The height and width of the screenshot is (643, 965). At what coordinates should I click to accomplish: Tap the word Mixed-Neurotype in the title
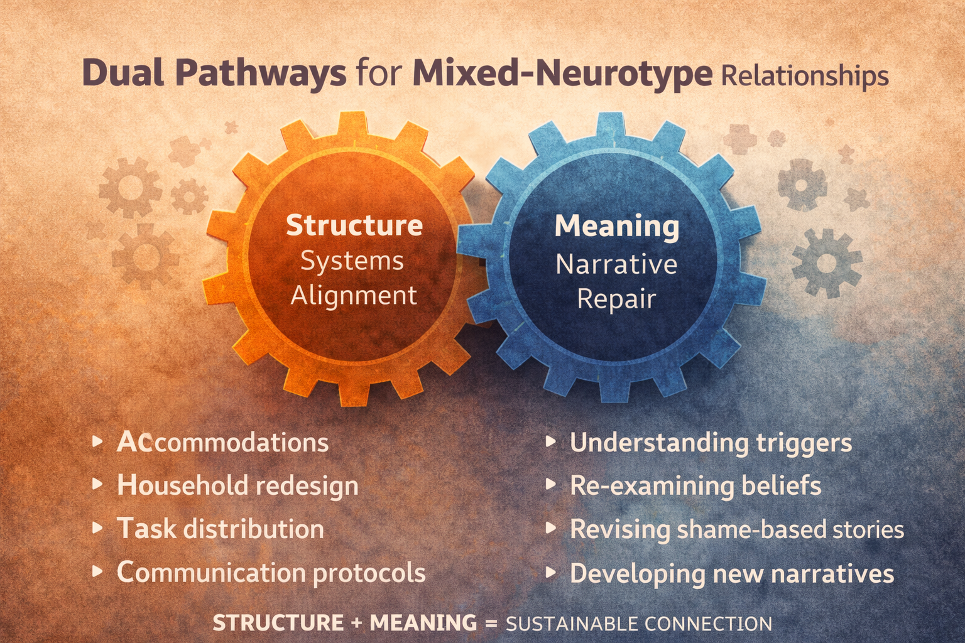click(562, 74)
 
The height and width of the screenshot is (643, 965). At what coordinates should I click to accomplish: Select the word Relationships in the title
click(805, 76)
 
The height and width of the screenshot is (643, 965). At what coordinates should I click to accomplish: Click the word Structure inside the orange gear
click(354, 225)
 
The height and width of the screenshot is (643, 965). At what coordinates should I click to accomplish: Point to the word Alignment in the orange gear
click(354, 295)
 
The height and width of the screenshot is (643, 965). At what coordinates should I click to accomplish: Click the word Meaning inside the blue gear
click(616, 226)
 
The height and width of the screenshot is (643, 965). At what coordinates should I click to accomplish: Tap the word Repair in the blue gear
click(616, 298)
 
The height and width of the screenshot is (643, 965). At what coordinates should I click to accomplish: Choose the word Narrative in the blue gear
click(616, 264)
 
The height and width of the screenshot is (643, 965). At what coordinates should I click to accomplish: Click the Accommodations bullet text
click(222, 443)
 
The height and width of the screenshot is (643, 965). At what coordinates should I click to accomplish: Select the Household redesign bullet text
click(237, 486)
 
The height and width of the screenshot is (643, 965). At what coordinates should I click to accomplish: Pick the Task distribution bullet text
click(221, 529)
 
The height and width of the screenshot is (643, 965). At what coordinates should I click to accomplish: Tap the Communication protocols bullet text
click(271, 573)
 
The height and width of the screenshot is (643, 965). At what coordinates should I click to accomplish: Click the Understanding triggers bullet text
click(711, 443)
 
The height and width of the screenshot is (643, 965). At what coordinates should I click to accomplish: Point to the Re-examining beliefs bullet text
click(695, 486)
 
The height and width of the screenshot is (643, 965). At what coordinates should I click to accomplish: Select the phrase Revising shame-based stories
click(737, 529)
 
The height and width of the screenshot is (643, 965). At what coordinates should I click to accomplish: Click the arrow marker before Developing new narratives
click(551, 573)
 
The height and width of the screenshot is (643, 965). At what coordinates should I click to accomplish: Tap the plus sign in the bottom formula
click(357, 624)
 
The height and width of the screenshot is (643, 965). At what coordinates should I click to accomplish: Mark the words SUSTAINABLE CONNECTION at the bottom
click(639, 624)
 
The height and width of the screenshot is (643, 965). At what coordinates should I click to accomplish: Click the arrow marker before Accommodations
click(97, 442)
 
